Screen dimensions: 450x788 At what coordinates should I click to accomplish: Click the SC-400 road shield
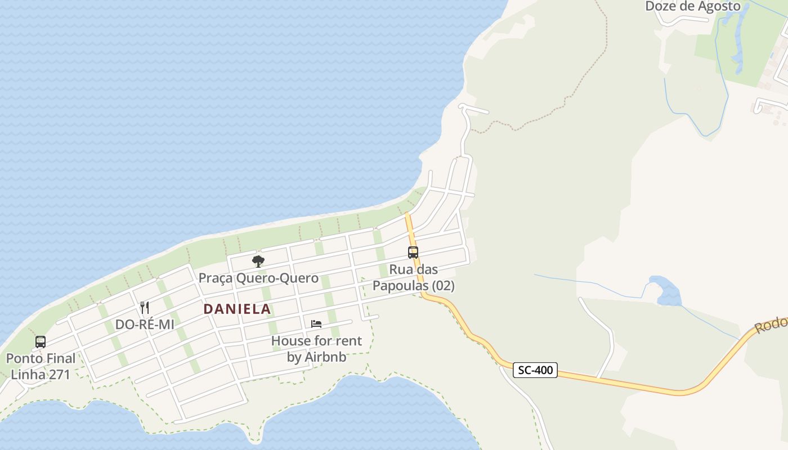tap(535, 370)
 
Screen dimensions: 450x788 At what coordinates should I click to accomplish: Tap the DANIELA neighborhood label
tap(237, 309)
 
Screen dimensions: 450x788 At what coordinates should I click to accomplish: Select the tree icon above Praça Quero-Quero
tap(258, 261)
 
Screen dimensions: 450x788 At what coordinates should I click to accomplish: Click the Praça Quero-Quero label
tap(258, 278)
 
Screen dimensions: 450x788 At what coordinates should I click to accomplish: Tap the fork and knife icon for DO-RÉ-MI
tap(145, 307)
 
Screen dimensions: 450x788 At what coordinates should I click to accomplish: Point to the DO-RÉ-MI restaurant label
tap(145, 325)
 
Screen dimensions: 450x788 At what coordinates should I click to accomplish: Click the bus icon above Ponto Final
tap(41, 341)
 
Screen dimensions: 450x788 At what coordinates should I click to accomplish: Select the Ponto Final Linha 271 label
tap(41, 366)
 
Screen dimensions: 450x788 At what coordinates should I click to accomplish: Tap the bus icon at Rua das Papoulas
tap(413, 253)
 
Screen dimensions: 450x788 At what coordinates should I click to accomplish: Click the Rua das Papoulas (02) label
tap(413, 278)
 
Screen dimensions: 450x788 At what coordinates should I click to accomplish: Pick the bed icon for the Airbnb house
tap(316, 323)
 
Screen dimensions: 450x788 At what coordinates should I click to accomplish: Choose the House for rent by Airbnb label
tap(316, 349)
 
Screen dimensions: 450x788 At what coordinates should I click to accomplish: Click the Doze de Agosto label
tap(692, 6)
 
